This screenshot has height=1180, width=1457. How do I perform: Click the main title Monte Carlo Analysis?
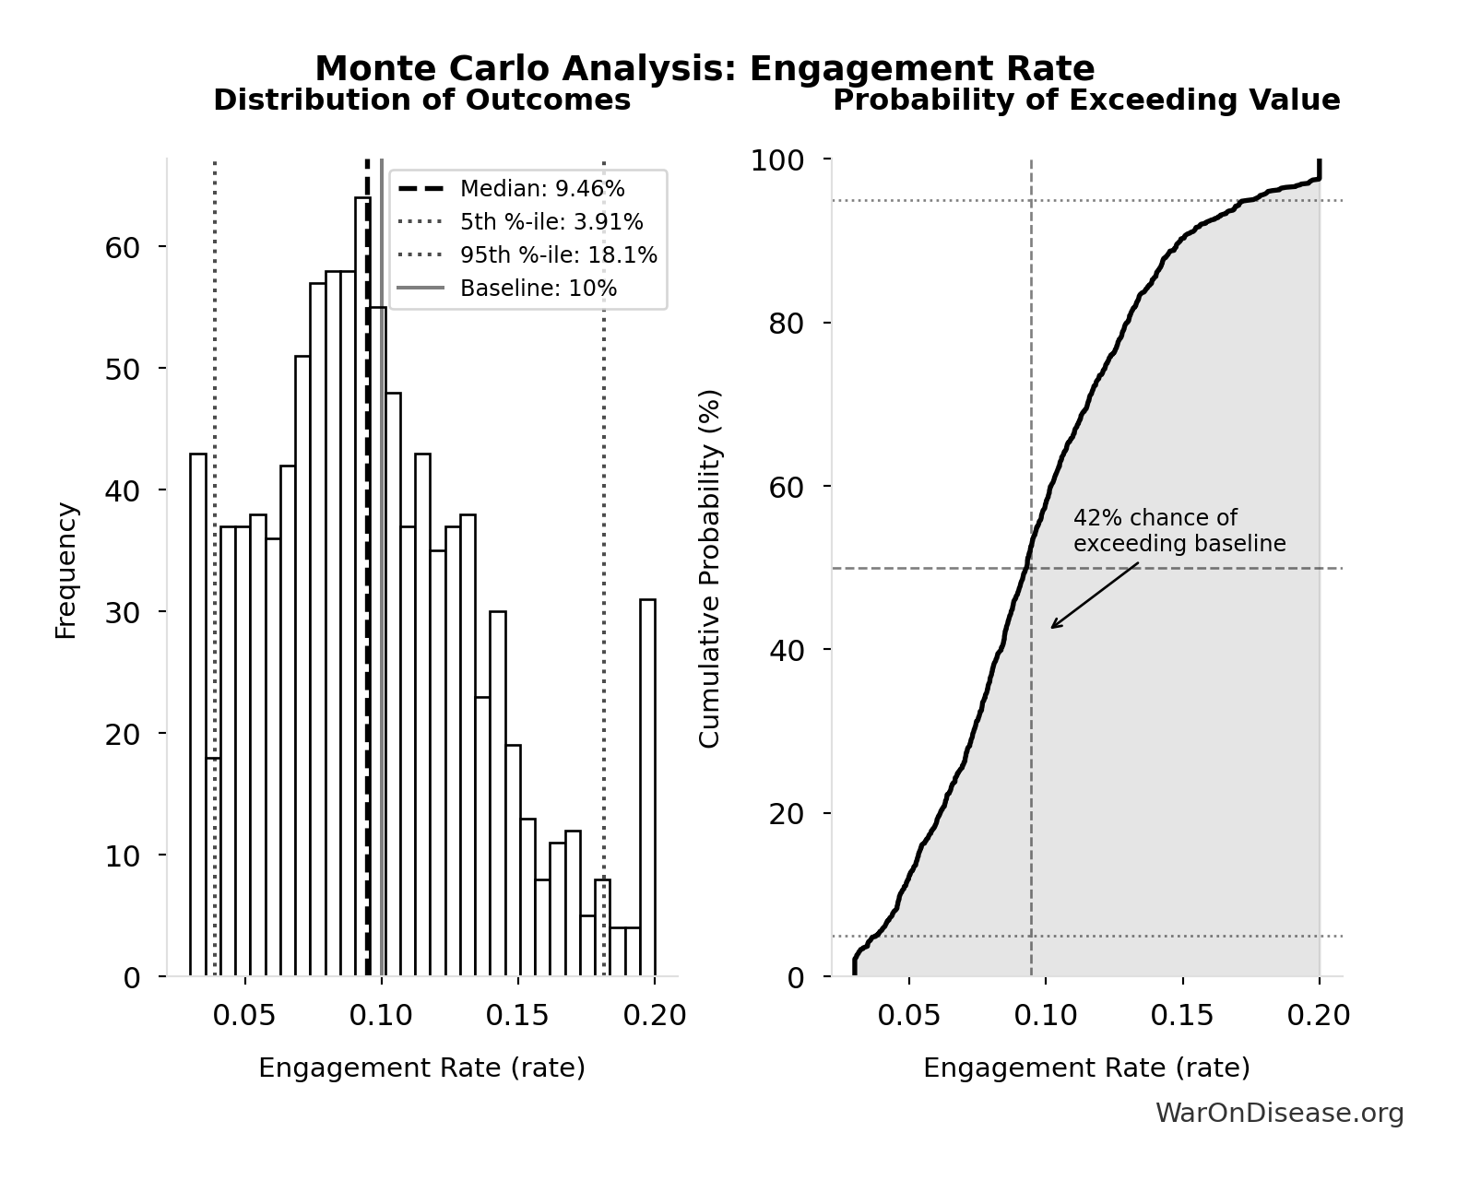[x=705, y=69]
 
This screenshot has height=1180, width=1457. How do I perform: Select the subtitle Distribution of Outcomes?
[x=421, y=100]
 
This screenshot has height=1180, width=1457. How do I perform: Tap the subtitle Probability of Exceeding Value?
[x=1086, y=100]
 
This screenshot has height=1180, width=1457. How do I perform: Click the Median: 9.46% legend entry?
[x=541, y=189]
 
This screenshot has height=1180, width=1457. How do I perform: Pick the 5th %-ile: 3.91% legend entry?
[x=551, y=222]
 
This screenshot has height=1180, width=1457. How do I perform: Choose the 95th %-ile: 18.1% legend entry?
[x=558, y=255]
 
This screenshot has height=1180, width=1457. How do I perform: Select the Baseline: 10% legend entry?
[x=538, y=289]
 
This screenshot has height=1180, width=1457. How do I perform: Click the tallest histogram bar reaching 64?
[x=362, y=590]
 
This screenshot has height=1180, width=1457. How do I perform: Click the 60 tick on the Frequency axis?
[x=122, y=247]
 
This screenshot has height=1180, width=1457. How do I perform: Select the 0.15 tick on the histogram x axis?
[x=517, y=1016]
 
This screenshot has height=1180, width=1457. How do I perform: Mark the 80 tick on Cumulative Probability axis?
[x=786, y=324]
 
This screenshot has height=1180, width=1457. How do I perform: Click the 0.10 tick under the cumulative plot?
[x=1046, y=1016]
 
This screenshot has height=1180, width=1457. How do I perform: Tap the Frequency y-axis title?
[x=65, y=570]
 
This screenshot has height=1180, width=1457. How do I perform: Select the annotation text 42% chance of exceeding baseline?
[x=1179, y=531]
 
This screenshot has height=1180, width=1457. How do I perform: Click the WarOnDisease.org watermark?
[x=1279, y=1114]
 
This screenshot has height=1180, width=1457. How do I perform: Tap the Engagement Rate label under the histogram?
[x=421, y=1068]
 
